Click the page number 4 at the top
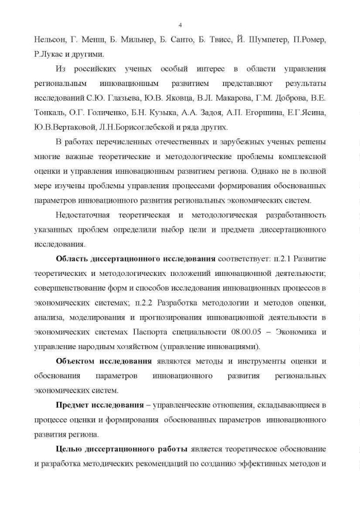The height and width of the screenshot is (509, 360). (x=180, y=24)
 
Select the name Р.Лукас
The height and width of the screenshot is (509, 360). (x=48, y=54)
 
